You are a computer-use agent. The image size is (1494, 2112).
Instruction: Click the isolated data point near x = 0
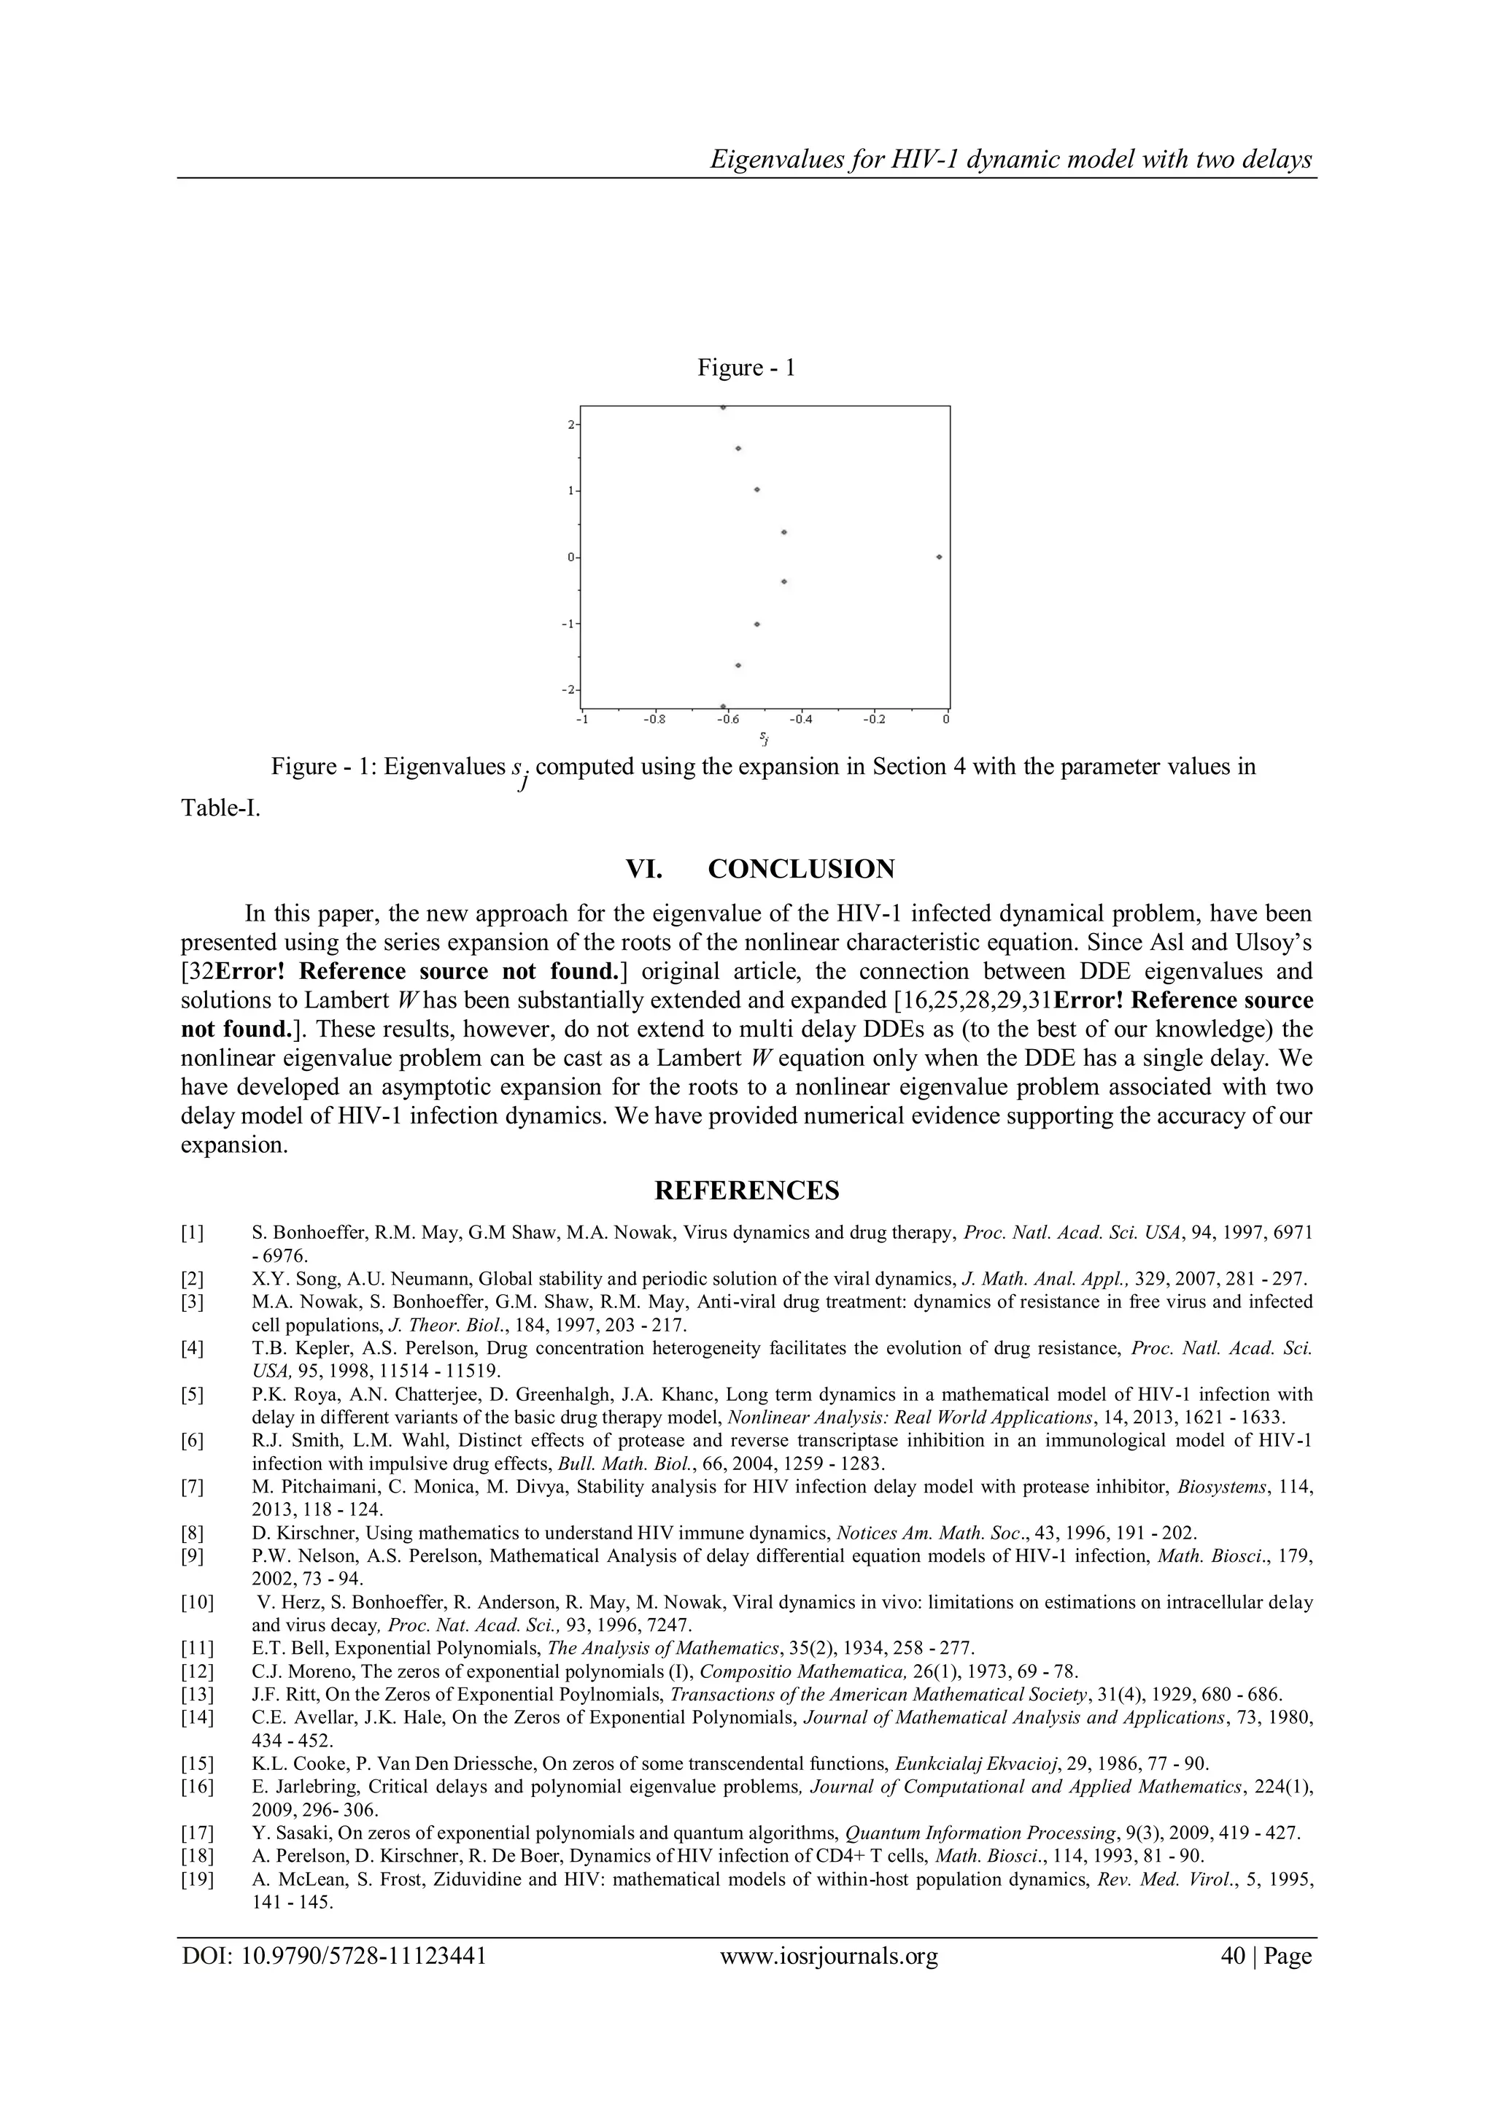(938, 557)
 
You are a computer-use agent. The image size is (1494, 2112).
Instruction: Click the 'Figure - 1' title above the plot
(746, 368)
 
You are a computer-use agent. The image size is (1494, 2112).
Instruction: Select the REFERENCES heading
(746, 1191)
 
